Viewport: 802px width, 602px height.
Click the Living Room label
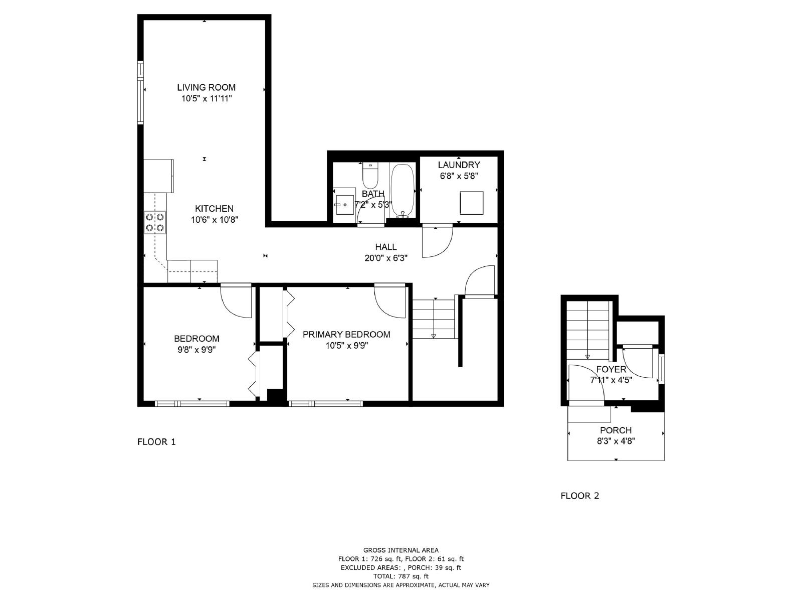click(x=206, y=87)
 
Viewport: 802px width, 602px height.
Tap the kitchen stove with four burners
click(x=154, y=222)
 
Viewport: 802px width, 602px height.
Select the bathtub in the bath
click(x=403, y=190)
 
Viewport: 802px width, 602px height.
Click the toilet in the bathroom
click(x=370, y=175)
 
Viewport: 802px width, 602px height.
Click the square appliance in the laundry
click(x=472, y=203)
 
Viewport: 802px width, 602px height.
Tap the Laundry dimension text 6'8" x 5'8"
click(x=459, y=176)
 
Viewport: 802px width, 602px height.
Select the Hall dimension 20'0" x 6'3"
click(x=385, y=258)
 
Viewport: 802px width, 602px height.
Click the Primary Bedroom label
click(x=346, y=335)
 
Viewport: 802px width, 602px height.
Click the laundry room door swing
click(x=436, y=242)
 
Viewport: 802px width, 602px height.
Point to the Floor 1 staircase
click(x=433, y=319)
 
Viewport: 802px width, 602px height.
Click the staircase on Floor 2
click(x=587, y=329)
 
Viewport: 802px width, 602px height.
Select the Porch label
click(x=616, y=430)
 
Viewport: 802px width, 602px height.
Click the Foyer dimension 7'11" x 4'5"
click(x=611, y=380)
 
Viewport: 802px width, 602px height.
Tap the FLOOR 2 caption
click(x=579, y=496)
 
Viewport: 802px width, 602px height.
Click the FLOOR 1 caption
click(x=156, y=442)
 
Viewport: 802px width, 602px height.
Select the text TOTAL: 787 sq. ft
click(x=400, y=576)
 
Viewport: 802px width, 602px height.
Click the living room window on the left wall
click(x=140, y=92)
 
